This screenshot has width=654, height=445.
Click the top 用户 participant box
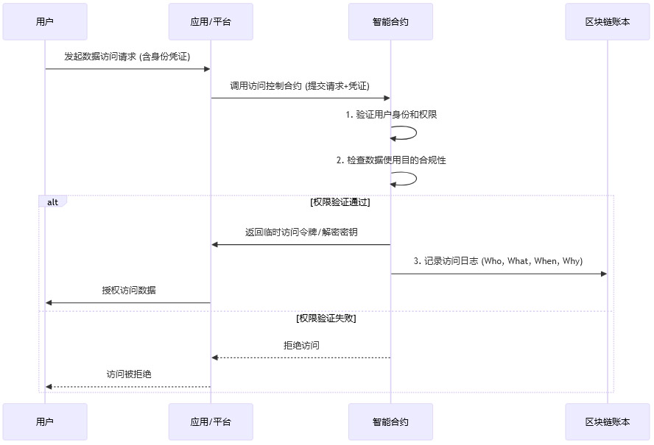pos(45,21)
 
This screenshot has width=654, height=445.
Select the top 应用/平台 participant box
pos(211,21)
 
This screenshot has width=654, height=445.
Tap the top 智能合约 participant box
pos(390,21)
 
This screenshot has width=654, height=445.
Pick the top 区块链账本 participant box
pos(608,21)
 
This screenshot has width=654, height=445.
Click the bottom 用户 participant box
pos(45,421)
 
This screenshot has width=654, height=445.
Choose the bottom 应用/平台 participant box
pos(211,421)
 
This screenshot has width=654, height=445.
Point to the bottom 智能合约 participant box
pos(390,421)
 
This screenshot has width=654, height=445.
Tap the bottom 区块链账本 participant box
pos(608,421)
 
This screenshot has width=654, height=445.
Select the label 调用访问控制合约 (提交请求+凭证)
pos(300,85)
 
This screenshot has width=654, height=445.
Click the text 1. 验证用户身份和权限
pos(391,115)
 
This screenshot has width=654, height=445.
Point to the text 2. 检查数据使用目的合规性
pos(391,160)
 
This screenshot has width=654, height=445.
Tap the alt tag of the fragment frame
pos(52,202)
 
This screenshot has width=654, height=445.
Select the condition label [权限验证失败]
pos(326,318)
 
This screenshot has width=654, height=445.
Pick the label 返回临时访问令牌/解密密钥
pos(301,232)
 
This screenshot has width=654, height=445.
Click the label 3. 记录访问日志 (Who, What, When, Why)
pos(498,261)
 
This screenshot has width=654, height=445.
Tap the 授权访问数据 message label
pos(129,290)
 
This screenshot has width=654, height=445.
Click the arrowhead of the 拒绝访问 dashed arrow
pos(215,357)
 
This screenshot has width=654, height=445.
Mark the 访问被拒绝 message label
pos(129,374)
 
